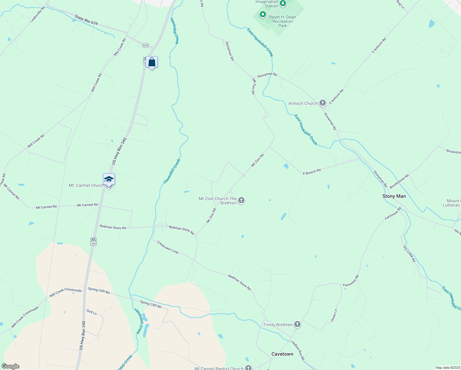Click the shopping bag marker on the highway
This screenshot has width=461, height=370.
(x=152, y=62)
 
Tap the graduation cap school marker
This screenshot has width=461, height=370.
(x=109, y=179)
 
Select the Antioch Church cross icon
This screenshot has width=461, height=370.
(x=323, y=103)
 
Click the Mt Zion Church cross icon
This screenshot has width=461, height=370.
(x=241, y=201)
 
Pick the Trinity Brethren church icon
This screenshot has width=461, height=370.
(x=297, y=324)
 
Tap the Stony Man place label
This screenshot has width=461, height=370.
(x=394, y=196)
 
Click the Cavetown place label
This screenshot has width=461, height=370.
(x=282, y=354)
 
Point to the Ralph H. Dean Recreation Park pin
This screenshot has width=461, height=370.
(x=263, y=14)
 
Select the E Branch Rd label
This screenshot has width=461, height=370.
(x=312, y=171)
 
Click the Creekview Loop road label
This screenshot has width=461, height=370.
(x=168, y=247)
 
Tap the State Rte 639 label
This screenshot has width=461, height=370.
(x=86, y=20)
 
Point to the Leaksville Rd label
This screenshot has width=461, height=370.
(x=37, y=14)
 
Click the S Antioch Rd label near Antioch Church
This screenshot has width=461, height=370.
(x=336, y=97)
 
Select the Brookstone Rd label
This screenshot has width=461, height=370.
(x=399, y=181)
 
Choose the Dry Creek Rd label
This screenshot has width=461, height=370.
(x=409, y=254)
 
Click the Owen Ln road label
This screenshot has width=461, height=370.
(x=334, y=315)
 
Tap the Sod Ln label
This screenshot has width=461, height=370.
(x=92, y=312)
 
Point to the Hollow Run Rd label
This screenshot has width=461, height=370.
(x=298, y=351)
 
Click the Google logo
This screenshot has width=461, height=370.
(x=10, y=366)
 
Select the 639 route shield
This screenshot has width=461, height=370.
(x=145, y=45)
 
